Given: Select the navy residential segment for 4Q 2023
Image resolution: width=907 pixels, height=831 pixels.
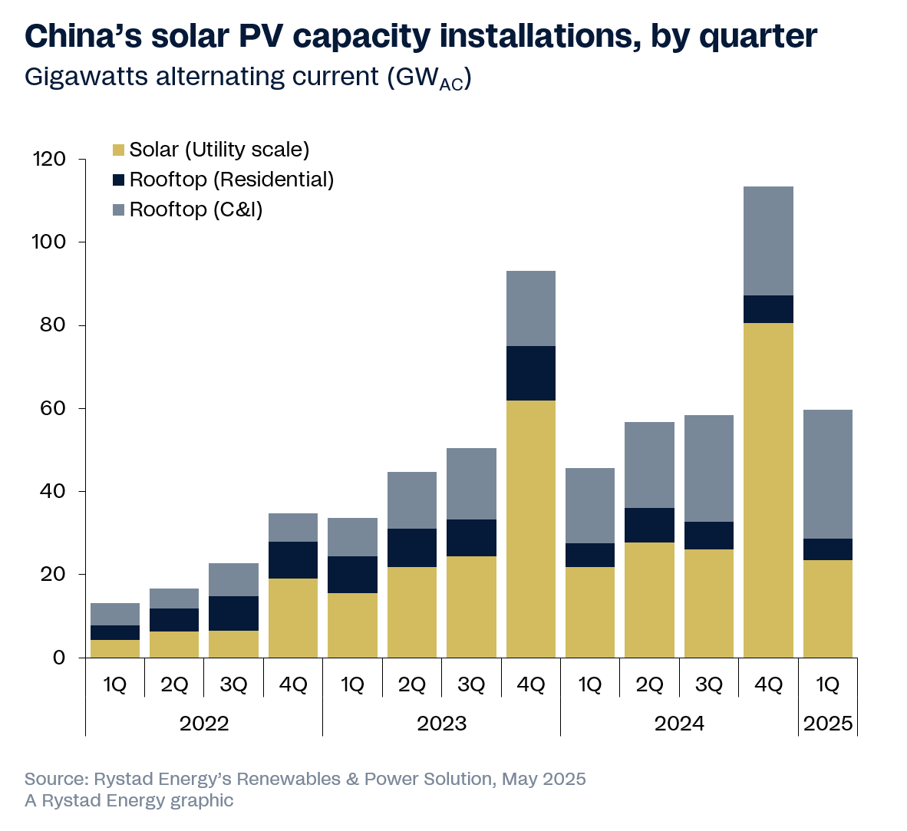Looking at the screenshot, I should point(530,373).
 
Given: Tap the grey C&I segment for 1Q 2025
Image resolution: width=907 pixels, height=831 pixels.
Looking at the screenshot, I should point(827,474).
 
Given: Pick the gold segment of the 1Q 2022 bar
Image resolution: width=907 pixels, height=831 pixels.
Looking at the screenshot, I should point(115,648).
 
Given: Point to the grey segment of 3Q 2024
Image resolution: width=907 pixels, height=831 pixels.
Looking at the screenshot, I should point(708,468).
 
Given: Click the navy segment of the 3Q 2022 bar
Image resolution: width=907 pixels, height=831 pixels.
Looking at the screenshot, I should point(233,613).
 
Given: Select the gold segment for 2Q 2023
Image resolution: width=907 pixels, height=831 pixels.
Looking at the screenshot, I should point(412,612).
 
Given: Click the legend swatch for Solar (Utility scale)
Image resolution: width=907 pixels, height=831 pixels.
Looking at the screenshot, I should point(118,150).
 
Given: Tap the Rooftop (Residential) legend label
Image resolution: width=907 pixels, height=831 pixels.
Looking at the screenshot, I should point(232,180).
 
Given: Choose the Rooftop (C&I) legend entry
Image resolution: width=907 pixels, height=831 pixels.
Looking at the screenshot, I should point(196,209).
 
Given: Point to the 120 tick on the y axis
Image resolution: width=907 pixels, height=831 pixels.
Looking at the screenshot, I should point(49,160).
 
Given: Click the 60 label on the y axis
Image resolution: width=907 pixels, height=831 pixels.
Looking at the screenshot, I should point(49,408).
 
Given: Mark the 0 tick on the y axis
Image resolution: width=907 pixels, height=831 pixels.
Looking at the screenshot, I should point(58,658).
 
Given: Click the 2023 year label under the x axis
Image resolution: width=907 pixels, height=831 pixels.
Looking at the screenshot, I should point(441,724).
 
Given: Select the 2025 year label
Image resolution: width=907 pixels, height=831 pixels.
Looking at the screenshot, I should point(827,724).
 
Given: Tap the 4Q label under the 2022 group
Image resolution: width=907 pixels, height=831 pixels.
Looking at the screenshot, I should point(293,684).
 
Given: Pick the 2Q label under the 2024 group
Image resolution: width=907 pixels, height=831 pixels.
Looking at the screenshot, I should point(649,684).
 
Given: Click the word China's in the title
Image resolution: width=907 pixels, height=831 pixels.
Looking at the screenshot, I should point(85,35).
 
